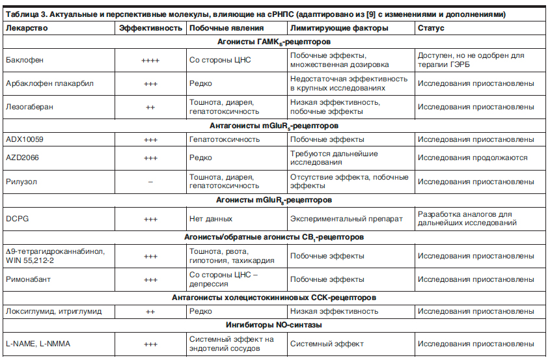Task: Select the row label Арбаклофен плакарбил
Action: tap(49, 84)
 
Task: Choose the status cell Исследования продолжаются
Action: tap(473, 158)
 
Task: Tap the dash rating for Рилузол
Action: tap(150, 182)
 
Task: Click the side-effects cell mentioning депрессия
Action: tap(223, 279)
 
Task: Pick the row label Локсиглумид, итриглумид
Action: tap(53, 311)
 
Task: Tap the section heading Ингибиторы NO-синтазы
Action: tap(274, 325)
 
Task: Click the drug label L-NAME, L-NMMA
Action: tap(36, 344)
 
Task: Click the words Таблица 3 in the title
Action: tap(25, 14)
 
